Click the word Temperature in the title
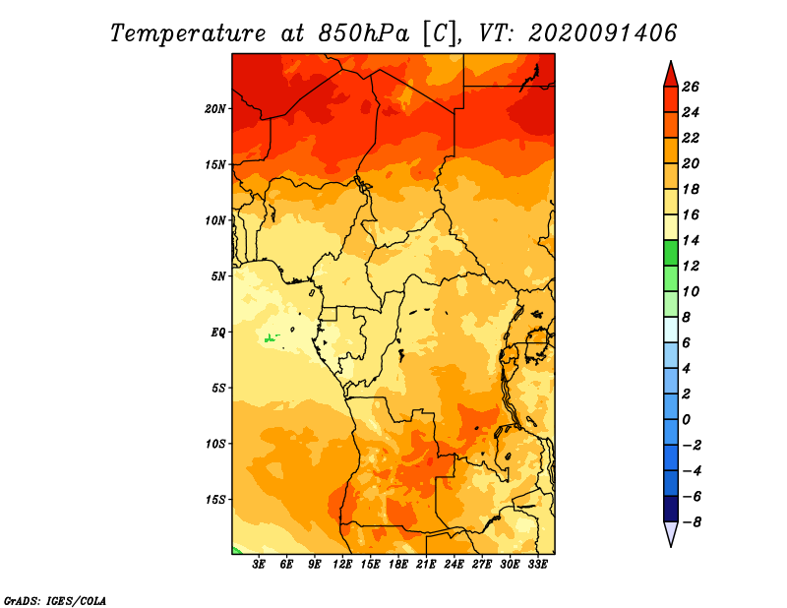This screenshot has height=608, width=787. [188, 33]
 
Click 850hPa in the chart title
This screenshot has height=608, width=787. [364, 33]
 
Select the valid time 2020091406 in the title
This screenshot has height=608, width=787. [603, 33]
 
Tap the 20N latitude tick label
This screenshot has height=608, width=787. [215, 109]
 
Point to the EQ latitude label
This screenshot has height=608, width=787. [218, 333]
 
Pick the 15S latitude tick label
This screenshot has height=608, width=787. [215, 500]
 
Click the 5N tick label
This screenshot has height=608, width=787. [218, 276]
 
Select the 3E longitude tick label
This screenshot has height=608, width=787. [259, 565]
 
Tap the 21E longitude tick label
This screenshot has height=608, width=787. [426, 565]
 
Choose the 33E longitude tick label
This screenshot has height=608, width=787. [537, 565]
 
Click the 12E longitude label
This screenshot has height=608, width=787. [342, 565]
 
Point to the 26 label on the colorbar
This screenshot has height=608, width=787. [691, 87]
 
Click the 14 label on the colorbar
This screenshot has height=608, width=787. [691, 240]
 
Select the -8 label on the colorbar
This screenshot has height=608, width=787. [692, 522]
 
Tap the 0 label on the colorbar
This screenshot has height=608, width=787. [686, 420]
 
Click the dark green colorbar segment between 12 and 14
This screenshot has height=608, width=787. [671, 253]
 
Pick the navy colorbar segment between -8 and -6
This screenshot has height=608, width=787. [671, 509]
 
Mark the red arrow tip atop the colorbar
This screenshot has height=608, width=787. [671, 62]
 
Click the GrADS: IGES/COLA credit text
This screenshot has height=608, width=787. [55, 601]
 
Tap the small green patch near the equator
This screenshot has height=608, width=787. [272, 337]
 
